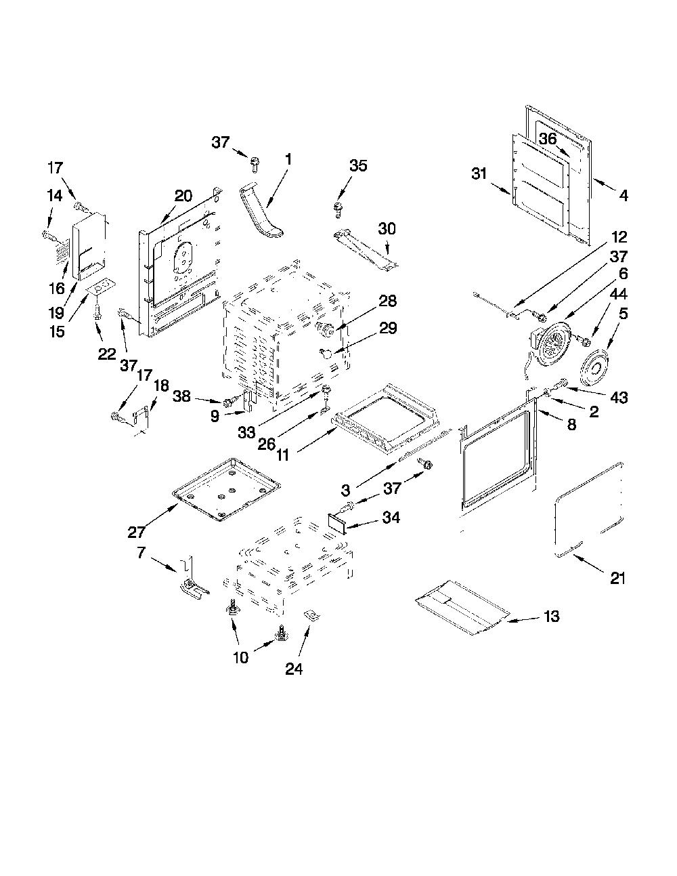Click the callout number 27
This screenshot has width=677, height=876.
tap(136, 532)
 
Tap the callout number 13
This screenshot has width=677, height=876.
tap(551, 616)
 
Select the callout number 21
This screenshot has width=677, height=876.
tap(617, 579)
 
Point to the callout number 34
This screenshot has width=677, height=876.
tap(391, 517)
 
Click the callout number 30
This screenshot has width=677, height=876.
tap(387, 229)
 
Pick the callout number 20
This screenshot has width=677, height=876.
tap(183, 196)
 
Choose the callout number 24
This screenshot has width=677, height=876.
tap(294, 669)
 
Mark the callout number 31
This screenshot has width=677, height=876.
tap(479, 173)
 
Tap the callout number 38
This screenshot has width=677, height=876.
tap(181, 396)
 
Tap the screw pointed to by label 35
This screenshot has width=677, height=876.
tap(338, 209)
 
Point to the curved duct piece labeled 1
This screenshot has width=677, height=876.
tap(261, 211)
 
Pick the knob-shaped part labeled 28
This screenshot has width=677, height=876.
tap(326, 329)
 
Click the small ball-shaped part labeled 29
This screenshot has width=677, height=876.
tap(326, 354)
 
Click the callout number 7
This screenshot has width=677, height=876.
tap(141, 552)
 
